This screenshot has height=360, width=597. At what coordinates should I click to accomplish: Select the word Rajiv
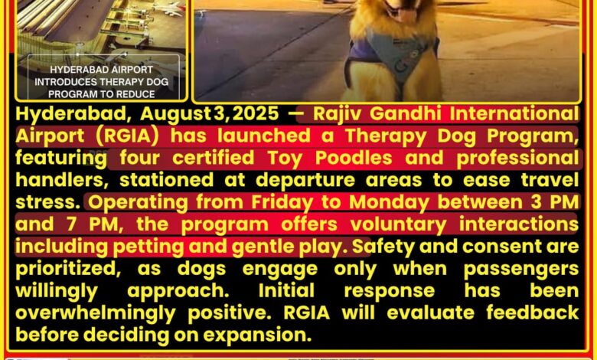pyautogui.click(x=336, y=114)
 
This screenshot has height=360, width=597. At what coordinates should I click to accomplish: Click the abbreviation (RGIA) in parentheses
pyautogui.click(x=127, y=136)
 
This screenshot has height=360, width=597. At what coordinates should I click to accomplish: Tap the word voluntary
pyautogui.click(x=398, y=224)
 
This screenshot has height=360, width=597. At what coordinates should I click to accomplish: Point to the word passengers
pyautogui.click(x=521, y=270)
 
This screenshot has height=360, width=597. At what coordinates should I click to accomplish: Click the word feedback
pyautogui.click(x=532, y=313)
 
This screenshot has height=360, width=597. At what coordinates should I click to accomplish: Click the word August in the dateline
pyautogui.click(x=175, y=114)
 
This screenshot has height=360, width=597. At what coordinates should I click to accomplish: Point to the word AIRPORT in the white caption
pyautogui.click(x=129, y=70)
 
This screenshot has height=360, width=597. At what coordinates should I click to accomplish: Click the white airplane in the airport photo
pyautogui.click(x=168, y=9)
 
